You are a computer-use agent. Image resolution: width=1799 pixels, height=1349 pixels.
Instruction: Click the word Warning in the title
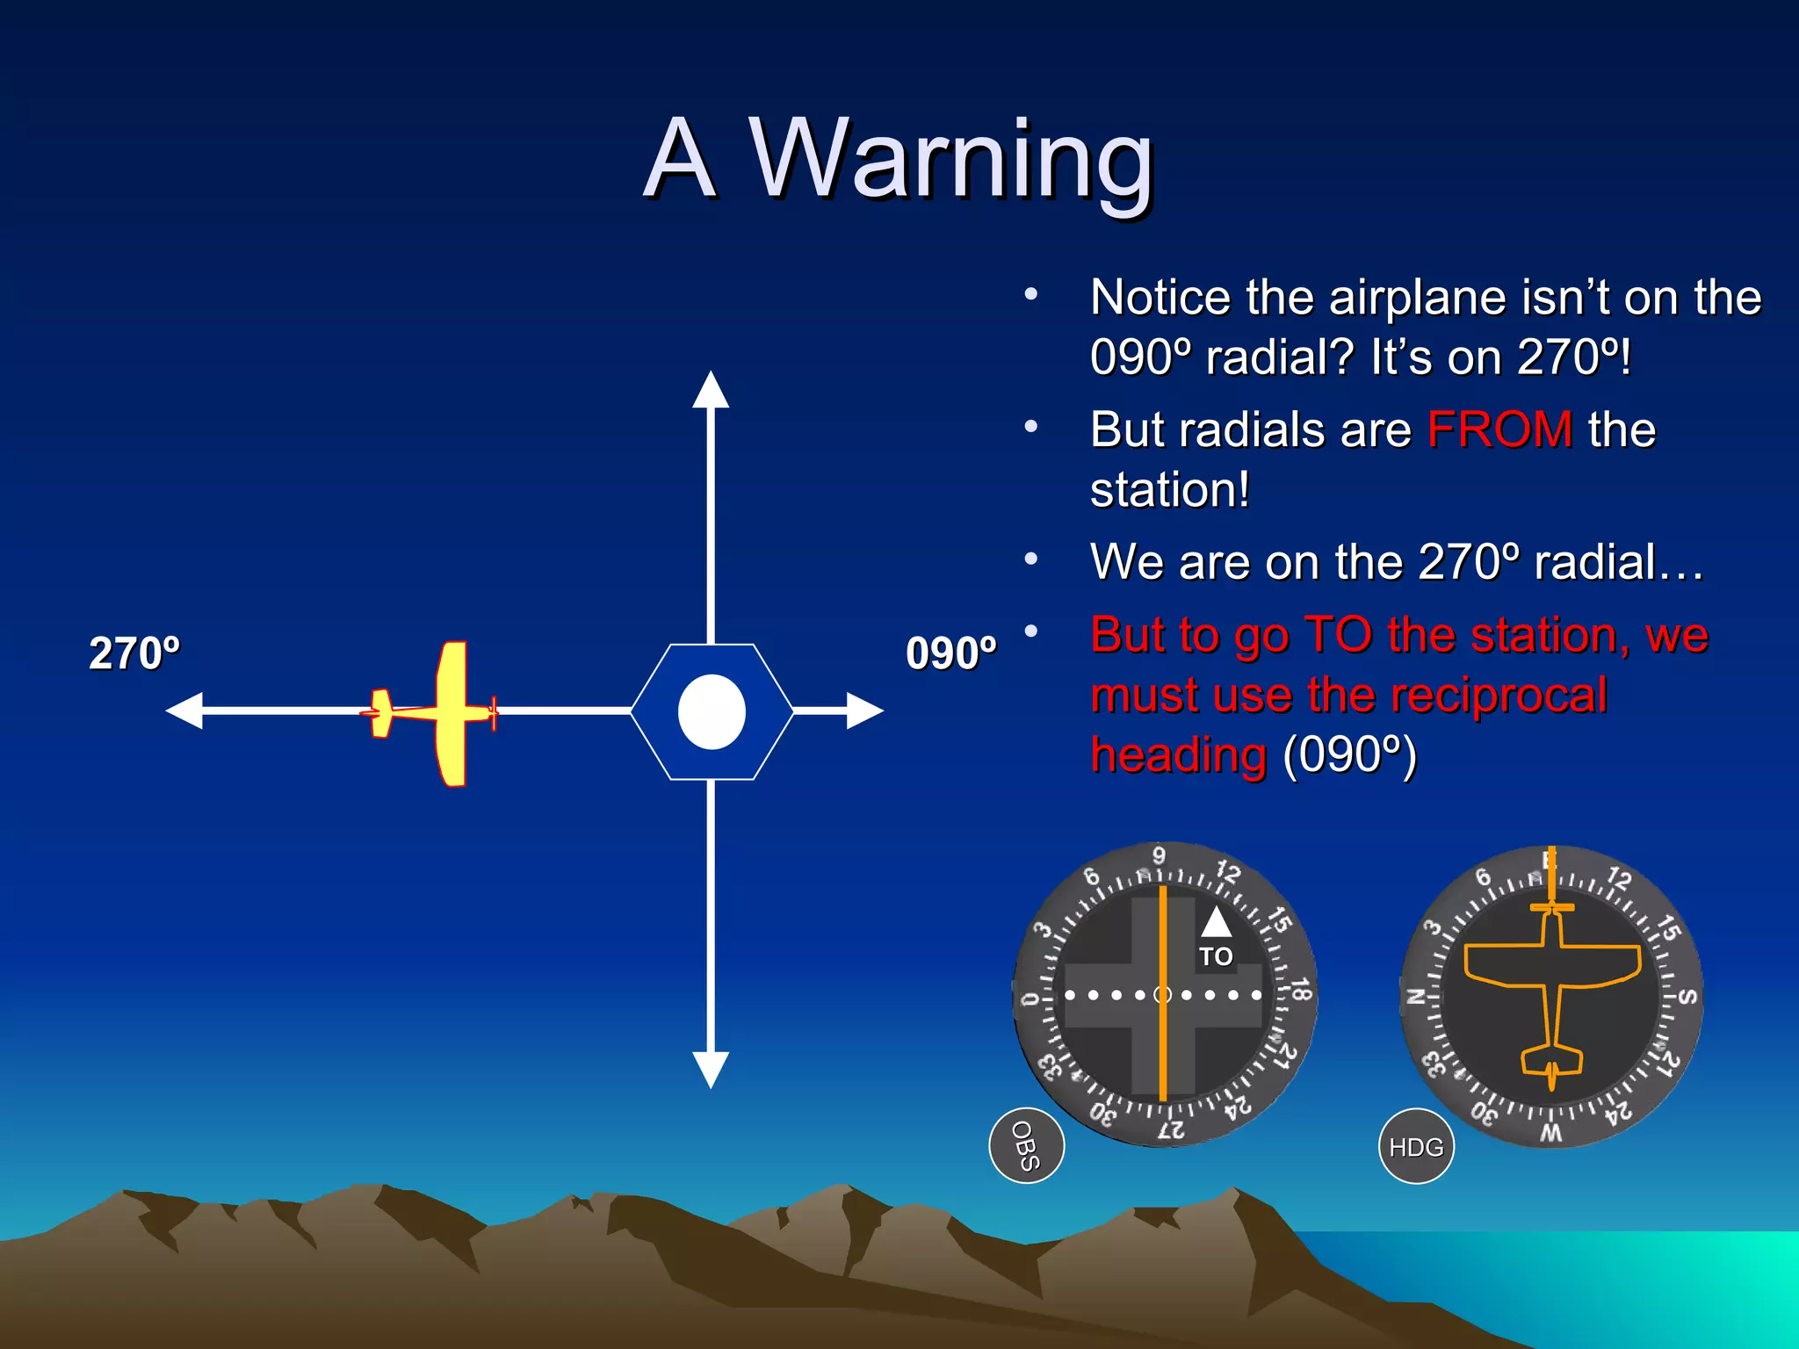tap(950, 160)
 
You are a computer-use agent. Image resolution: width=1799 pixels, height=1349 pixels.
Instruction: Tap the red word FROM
tap(1499, 430)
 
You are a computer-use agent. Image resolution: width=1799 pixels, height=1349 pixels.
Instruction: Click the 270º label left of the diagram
tap(134, 653)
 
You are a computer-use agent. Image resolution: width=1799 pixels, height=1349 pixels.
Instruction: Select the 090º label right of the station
tap(951, 653)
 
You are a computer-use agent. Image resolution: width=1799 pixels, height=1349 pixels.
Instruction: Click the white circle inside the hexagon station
tap(712, 711)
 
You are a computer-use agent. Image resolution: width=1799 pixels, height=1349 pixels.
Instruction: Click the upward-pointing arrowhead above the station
tap(711, 390)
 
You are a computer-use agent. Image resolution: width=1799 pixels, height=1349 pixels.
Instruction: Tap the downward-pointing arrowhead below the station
tap(711, 1069)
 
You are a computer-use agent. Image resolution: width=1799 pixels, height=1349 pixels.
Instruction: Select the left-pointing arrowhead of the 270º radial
tap(185, 711)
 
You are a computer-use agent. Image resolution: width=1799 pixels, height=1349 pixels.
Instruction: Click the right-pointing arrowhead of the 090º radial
tap(864, 711)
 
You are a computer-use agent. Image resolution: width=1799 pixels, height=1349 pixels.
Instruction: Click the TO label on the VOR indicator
tap(1216, 956)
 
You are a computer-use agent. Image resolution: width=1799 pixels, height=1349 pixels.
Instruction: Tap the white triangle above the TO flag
tap(1216, 922)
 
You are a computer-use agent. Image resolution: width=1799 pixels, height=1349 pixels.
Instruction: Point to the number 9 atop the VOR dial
tap(1160, 855)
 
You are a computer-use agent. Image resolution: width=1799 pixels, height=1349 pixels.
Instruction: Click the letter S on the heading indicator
tap(1687, 998)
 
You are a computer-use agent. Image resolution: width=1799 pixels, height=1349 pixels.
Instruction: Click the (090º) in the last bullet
tap(1349, 755)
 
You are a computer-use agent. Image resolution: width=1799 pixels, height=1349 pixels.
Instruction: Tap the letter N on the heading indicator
tap(1415, 997)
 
